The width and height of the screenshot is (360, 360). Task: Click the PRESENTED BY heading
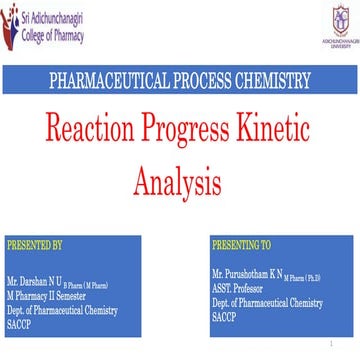(x=34, y=244)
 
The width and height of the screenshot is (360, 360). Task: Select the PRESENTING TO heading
(x=241, y=244)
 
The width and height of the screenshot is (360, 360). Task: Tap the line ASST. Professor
(x=239, y=285)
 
